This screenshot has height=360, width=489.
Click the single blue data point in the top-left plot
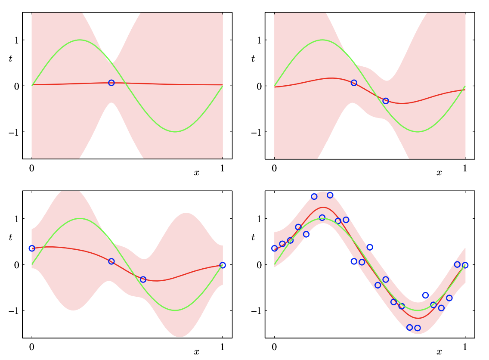111,83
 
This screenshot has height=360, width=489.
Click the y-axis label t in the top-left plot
11,58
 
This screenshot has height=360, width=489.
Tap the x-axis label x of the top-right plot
439,173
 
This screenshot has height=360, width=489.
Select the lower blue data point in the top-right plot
386,101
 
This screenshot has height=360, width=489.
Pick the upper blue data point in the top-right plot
354,83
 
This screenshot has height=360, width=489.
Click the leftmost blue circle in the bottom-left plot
32,248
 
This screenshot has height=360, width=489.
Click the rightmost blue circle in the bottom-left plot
223,265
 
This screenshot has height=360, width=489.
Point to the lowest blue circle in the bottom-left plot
143,279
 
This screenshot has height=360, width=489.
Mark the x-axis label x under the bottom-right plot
439,352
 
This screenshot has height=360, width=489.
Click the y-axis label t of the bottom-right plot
254,237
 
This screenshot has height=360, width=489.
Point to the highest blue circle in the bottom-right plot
330,195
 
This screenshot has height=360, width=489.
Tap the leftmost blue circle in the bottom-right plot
275,248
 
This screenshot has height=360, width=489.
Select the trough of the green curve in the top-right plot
418,132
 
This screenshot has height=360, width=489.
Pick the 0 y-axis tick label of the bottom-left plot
17,264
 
